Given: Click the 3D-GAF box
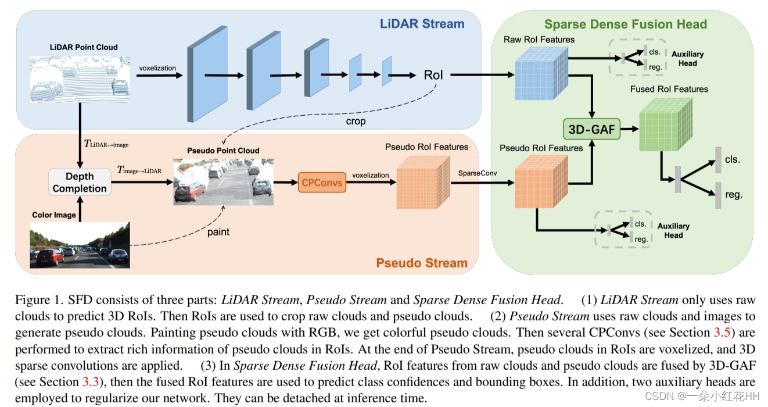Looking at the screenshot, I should click(x=591, y=130).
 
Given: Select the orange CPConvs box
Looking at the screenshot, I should click(x=321, y=183).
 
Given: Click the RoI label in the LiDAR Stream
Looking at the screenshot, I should click(x=433, y=75).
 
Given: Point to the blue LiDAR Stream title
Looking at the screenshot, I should click(x=422, y=24).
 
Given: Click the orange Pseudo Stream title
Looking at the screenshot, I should click(x=422, y=262).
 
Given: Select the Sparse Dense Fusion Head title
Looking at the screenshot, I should click(x=625, y=24).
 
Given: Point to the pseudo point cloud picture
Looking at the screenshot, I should click(x=223, y=181).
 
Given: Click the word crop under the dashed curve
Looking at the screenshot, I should click(x=356, y=122).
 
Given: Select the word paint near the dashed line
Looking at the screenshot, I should click(x=218, y=232).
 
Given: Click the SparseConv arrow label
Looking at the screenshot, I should click(x=478, y=173).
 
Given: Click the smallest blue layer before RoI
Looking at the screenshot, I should click(x=387, y=72).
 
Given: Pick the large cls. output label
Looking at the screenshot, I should click(x=732, y=159).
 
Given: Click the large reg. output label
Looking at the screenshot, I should click(x=734, y=195).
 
